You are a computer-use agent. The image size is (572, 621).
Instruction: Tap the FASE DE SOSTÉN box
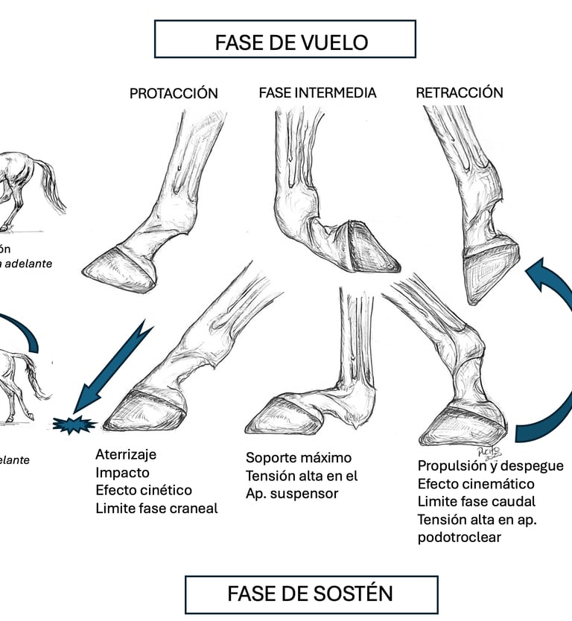coord(311,593)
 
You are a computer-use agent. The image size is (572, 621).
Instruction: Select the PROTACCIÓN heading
coord(174,93)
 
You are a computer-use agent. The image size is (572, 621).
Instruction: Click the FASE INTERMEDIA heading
coord(317,93)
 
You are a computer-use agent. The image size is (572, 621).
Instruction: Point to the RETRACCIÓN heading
coord(459,93)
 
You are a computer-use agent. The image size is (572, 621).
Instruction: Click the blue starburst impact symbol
coord(74,425)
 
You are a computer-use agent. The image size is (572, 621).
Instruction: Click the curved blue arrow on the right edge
coord(548,350)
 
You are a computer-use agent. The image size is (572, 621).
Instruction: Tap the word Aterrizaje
coord(126,455)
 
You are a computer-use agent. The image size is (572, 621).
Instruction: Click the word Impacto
coord(122,473)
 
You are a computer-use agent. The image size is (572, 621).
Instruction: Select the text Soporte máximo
coord(298,458)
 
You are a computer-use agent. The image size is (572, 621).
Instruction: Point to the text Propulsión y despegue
coord(490,466)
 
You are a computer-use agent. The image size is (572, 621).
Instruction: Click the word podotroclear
coord(459,538)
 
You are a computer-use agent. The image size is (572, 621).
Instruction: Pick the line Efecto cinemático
coord(475,484)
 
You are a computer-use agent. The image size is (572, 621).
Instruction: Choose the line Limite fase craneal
coord(156,509)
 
